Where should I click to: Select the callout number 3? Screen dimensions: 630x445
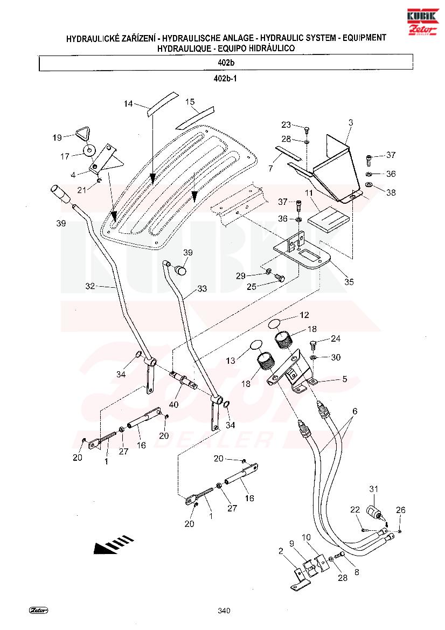click(x=350, y=123)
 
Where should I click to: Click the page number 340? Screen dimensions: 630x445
click(x=224, y=611)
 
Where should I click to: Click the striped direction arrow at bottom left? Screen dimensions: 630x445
click(x=113, y=544)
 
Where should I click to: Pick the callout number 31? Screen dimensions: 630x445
click(x=374, y=489)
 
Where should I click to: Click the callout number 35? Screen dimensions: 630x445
click(x=349, y=282)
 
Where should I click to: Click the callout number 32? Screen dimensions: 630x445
click(x=90, y=286)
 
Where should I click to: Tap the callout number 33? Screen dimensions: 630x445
click(x=201, y=289)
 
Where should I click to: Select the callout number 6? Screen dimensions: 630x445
click(x=354, y=411)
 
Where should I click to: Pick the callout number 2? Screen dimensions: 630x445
click(x=281, y=550)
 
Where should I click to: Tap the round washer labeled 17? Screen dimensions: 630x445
click(x=89, y=149)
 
